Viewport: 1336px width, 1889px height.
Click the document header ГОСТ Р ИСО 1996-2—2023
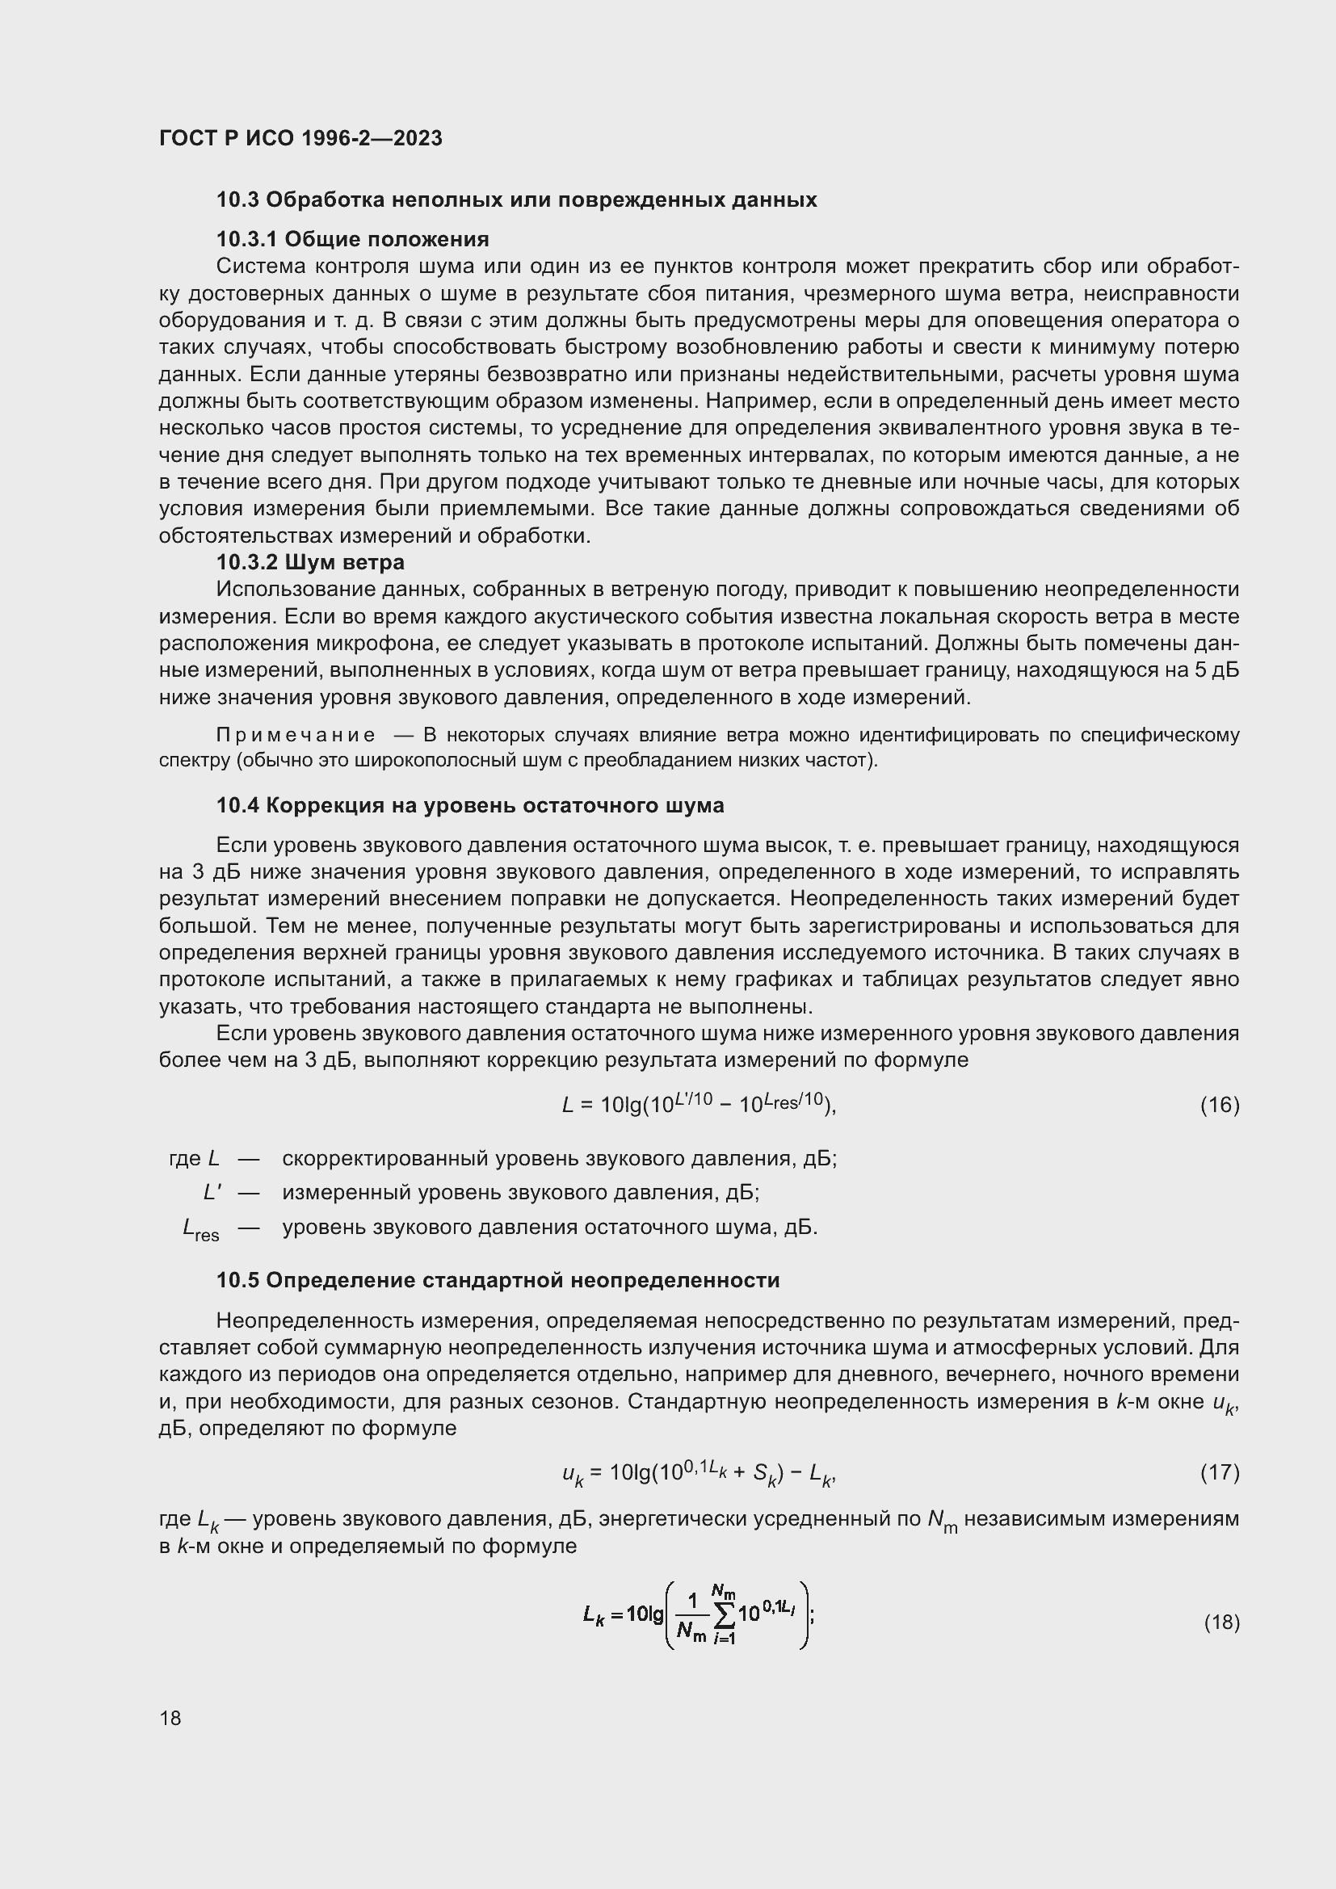300,138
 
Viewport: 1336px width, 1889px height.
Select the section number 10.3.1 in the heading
246,239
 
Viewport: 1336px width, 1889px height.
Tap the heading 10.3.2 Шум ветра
310,563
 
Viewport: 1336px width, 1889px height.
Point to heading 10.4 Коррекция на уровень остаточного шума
470,805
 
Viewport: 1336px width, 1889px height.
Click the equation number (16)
1219,1105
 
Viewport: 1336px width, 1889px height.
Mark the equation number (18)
1220,1622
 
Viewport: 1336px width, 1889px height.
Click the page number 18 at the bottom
170,1718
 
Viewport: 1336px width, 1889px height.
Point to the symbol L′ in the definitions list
212,1193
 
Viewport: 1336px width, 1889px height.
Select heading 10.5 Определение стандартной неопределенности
498,1281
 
